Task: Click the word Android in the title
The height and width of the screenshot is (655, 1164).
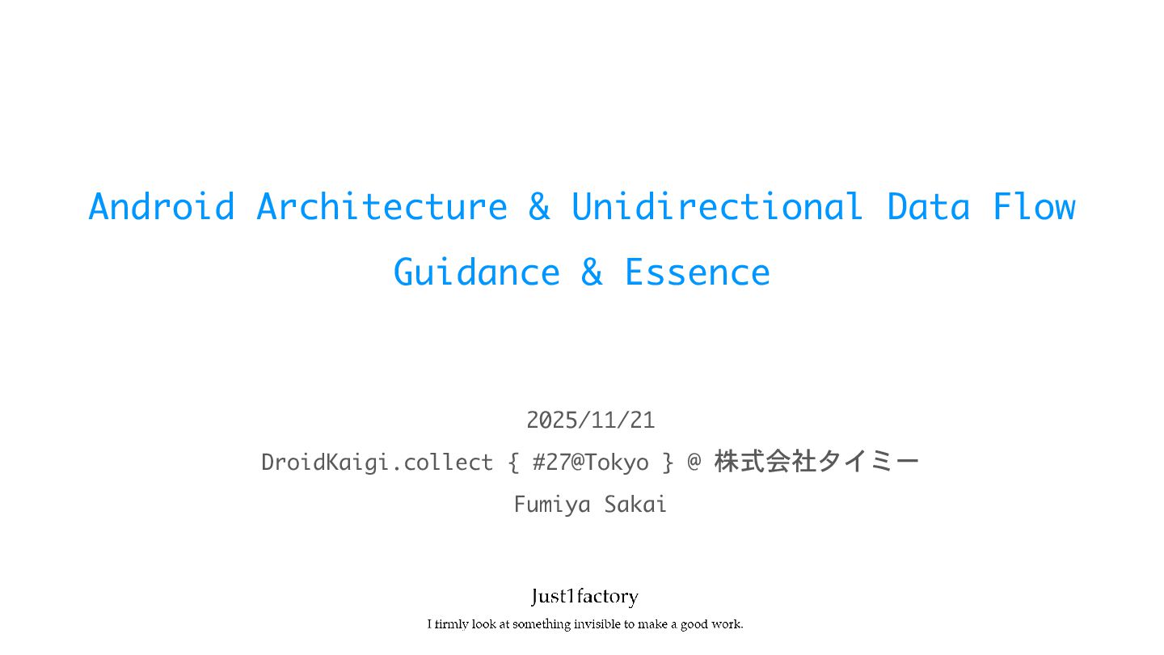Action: (x=162, y=206)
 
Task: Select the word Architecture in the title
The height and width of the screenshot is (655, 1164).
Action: (x=382, y=206)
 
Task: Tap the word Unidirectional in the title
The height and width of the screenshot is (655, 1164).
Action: (x=717, y=206)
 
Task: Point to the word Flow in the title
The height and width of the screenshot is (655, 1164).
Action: (x=1034, y=206)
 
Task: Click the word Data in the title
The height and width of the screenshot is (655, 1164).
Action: (x=928, y=206)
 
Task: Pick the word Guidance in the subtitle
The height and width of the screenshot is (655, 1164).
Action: (x=476, y=273)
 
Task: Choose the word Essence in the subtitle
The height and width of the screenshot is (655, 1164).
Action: (x=697, y=273)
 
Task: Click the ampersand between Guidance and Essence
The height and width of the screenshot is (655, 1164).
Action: (x=592, y=273)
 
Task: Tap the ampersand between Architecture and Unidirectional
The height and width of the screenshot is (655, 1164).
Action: (x=539, y=206)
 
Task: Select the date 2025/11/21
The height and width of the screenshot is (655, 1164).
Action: (x=590, y=420)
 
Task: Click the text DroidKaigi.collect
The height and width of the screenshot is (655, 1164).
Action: (x=377, y=463)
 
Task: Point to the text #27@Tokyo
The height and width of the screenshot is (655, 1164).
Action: (x=590, y=463)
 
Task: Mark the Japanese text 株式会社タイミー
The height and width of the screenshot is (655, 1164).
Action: (x=816, y=463)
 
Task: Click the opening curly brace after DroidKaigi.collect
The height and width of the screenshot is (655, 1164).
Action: (x=513, y=463)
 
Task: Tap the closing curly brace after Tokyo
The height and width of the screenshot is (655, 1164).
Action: (x=668, y=463)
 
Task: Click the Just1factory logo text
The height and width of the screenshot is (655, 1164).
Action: (x=584, y=597)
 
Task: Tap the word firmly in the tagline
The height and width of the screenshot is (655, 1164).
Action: (x=452, y=624)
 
